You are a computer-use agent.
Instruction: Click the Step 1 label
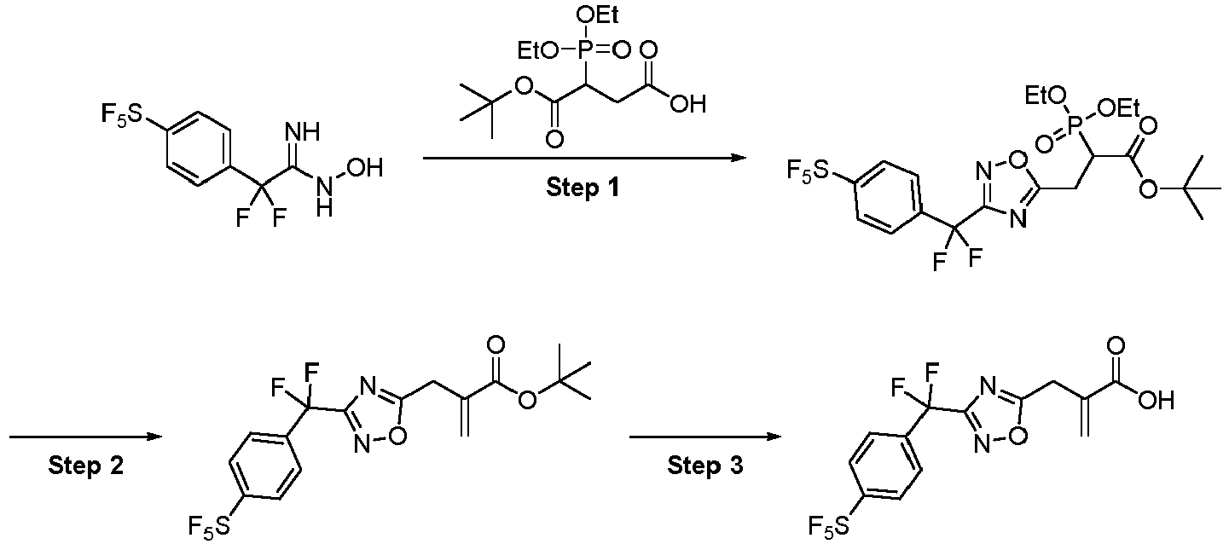coord(583,188)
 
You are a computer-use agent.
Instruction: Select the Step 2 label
coord(86,466)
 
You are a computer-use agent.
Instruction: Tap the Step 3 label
coord(705,466)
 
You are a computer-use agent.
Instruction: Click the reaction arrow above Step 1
coord(585,159)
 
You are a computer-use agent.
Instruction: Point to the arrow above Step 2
coord(85,437)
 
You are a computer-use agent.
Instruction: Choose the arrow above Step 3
coord(705,437)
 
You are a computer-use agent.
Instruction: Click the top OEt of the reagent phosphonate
coord(600,15)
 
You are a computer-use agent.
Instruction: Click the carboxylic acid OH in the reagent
coord(687,104)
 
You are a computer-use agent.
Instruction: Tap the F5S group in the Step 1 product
coord(807,171)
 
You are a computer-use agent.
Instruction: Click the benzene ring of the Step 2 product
coord(265,466)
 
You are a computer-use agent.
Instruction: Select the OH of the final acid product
coord(1156,401)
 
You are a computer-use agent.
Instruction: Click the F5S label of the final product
coord(830,527)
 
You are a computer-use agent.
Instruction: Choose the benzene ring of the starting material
coord(196,149)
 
